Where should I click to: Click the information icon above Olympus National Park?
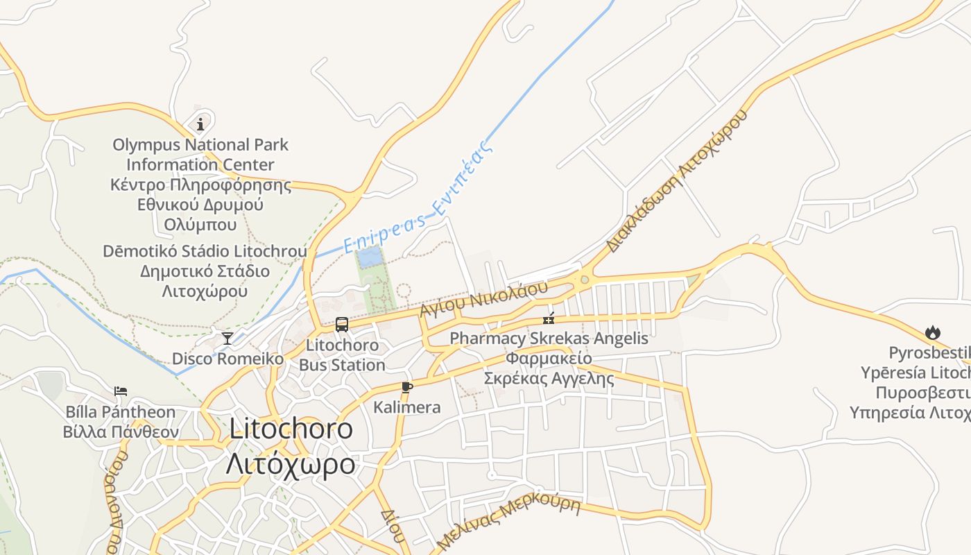click(200, 124)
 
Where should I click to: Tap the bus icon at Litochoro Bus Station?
click(341, 324)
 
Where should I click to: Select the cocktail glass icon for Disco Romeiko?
click(227, 339)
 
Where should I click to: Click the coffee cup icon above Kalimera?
click(407, 387)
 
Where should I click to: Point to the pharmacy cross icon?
click(549, 319)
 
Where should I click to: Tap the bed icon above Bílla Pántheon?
click(121, 391)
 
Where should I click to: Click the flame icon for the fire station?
click(932, 333)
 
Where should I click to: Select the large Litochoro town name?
click(291, 428)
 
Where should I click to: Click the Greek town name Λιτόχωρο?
click(291, 463)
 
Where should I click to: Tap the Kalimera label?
click(407, 407)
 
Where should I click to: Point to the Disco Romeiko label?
click(227, 359)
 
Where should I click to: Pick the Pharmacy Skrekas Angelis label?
click(549, 339)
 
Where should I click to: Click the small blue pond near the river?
click(369, 257)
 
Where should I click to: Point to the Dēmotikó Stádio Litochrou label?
click(205, 251)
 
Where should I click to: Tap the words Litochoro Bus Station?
click(342, 355)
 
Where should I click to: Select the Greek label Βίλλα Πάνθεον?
click(121, 432)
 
